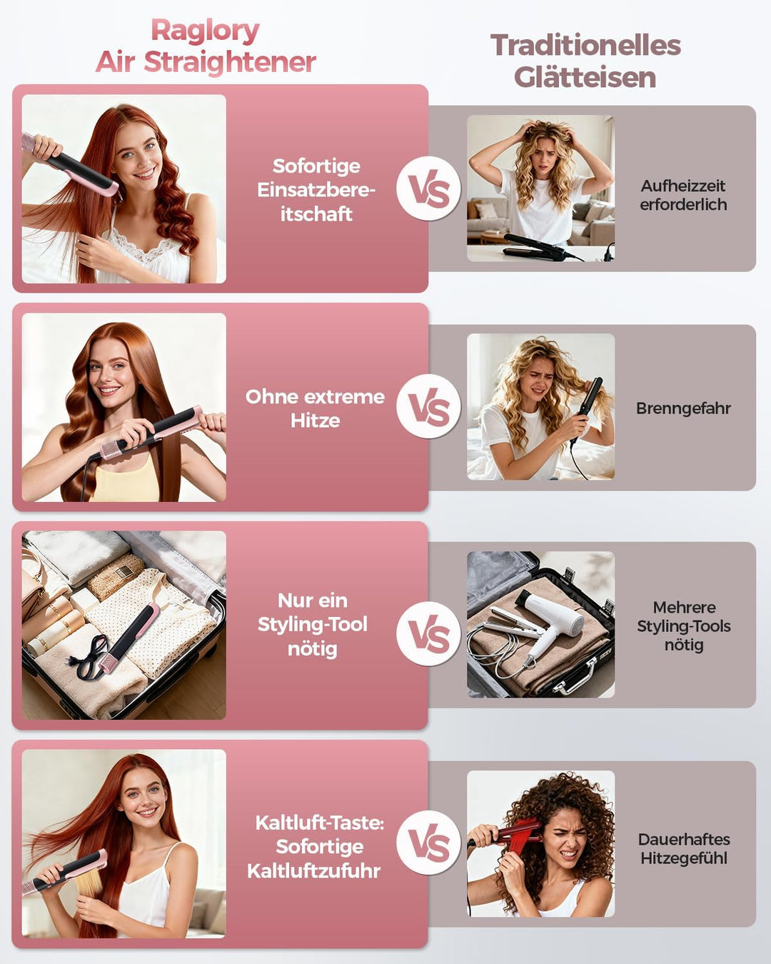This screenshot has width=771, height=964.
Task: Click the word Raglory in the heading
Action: coord(205,32)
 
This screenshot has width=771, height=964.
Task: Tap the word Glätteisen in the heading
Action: coord(585,78)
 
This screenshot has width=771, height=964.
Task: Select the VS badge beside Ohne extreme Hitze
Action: coord(429,406)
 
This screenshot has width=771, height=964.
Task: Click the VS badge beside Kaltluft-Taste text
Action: coord(429,843)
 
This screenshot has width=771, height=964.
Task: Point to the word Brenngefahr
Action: coord(683,408)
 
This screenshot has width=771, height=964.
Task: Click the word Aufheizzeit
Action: coord(683,185)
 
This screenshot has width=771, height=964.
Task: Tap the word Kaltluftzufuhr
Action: coord(313,871)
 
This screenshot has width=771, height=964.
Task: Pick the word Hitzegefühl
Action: coord(684,858)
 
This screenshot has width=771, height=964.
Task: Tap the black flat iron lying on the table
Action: coord(538,246)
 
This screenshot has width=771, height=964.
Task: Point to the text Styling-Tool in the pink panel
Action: coord(313,624)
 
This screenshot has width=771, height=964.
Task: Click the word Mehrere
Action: coord(684,608)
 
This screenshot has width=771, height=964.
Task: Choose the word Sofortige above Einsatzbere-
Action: coord(316,166)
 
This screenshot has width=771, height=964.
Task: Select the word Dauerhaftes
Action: coord(684,839)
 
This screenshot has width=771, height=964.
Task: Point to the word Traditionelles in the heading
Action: coord(585,46)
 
